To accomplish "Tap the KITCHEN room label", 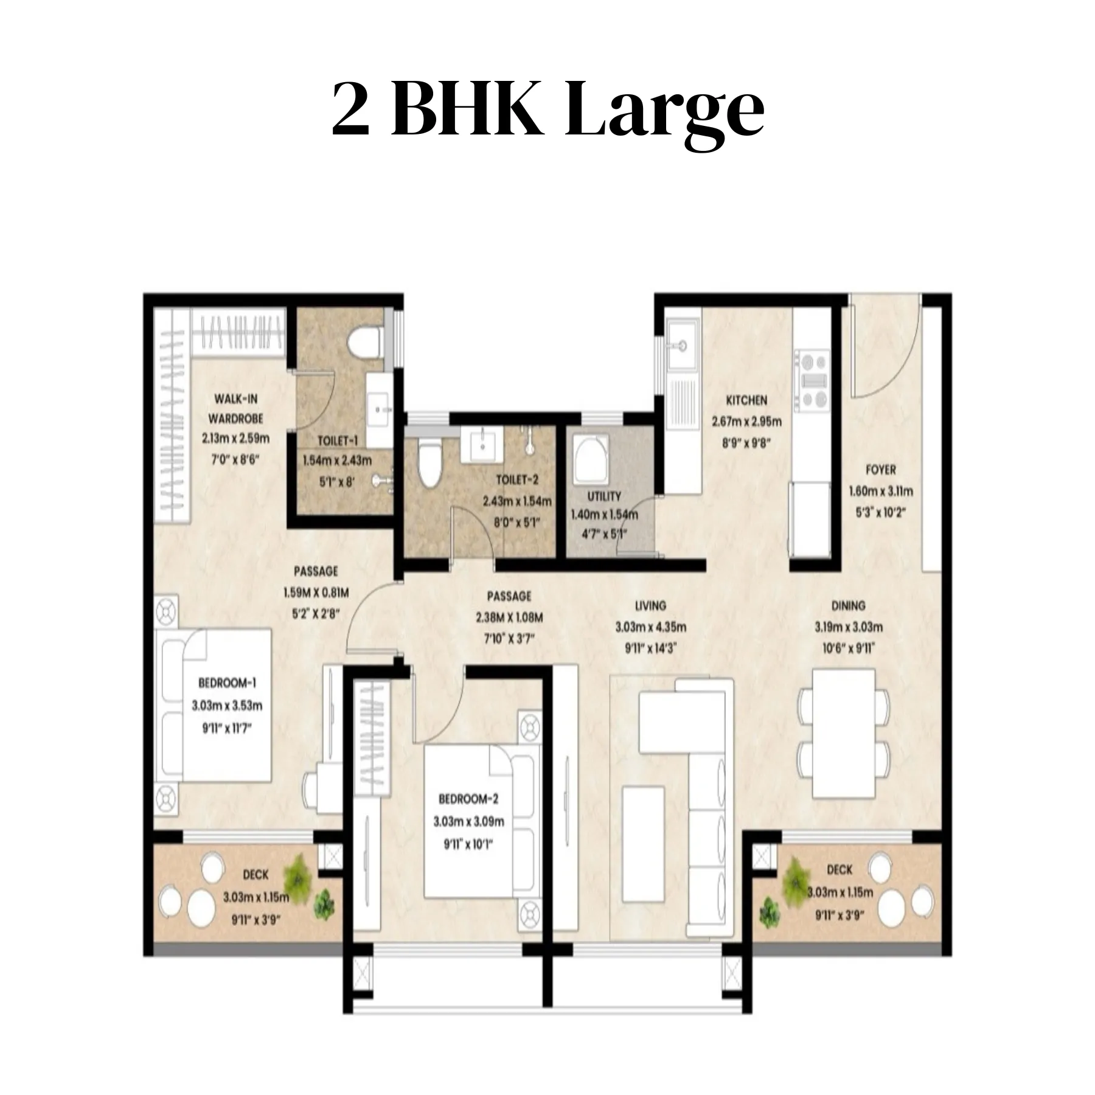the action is pos(746,400).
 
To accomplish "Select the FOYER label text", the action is pos(880,470).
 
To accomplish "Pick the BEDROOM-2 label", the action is pos(468,799).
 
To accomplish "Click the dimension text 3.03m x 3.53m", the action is pos(227,706).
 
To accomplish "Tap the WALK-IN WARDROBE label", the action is pos(235,408).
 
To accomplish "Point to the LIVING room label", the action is pos(650,605).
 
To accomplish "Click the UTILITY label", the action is pos(604,496).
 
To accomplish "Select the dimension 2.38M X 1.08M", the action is pos(509,617).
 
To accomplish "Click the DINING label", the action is pos(848,605).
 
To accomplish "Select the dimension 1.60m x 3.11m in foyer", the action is pos(881,491).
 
